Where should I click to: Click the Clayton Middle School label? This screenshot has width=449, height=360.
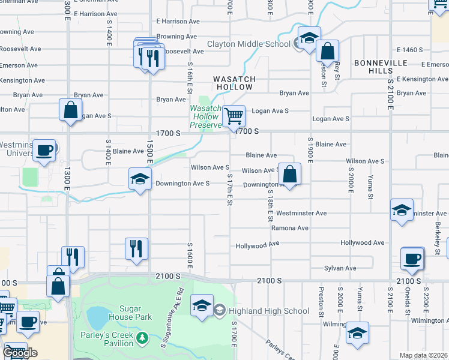249,44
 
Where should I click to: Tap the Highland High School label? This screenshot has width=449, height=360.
268,311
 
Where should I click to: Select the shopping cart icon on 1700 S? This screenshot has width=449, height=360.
234,115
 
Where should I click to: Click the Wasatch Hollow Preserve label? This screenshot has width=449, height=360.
206,116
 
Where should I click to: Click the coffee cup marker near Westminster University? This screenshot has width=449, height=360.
44,150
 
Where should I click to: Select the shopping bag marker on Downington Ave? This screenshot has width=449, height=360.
289,174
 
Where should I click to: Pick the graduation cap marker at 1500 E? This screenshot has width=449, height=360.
140,179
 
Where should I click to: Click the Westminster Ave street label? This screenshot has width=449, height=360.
301,213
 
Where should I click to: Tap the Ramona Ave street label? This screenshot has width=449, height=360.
289,228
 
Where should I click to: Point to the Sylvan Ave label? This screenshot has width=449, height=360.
340,268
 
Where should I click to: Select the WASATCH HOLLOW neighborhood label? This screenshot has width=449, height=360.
235,83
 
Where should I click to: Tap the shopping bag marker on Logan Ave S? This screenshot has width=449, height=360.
71,111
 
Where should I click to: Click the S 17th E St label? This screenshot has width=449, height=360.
229,190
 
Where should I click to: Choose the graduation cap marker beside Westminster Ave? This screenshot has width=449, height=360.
401,211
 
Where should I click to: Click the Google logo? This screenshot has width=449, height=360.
20,353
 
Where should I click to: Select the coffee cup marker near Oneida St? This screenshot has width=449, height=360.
412,259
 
